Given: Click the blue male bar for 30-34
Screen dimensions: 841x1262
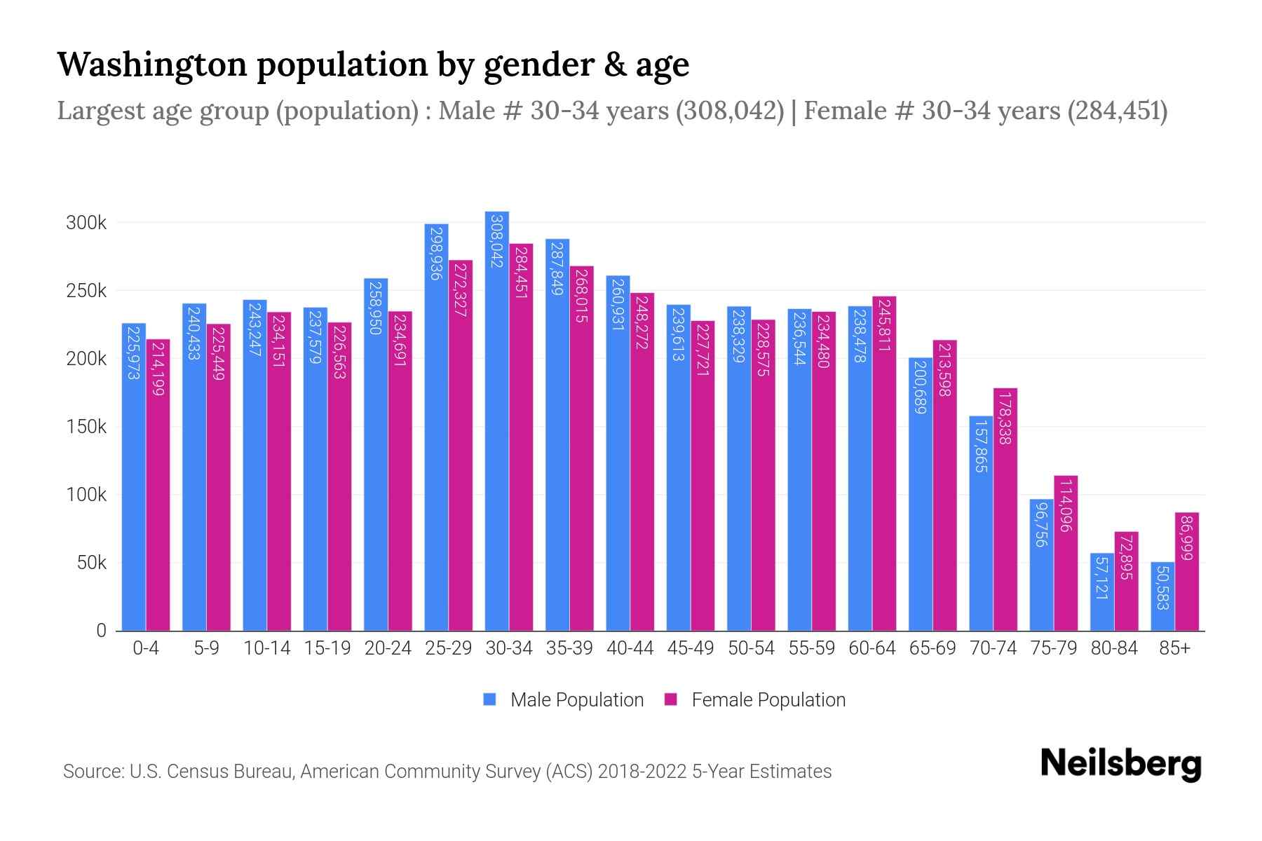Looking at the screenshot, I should point(497,420).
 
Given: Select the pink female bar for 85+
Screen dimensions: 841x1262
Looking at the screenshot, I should point(1187,571).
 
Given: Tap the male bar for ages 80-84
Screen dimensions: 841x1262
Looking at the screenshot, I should point(1102,592).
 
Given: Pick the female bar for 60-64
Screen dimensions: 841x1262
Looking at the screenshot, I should point(884,463).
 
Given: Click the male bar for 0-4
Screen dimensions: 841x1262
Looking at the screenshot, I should point(134,477).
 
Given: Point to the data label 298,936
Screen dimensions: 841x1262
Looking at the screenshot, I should point(436,253).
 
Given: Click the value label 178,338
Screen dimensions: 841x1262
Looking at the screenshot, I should point(1005,418).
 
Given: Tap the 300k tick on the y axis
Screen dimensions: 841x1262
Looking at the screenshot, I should point(86,224).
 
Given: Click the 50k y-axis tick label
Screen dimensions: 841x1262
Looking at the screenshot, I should point(92,563).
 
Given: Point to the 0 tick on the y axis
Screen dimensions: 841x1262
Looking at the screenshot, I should point(102,631).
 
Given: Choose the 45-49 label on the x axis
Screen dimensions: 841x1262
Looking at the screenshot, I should point(691,648).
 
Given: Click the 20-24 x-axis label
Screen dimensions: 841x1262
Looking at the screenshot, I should point(388,648).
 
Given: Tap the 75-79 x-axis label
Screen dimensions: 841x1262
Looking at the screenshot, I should point(1053,648).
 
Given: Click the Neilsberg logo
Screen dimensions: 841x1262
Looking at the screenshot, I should point(1120,764).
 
